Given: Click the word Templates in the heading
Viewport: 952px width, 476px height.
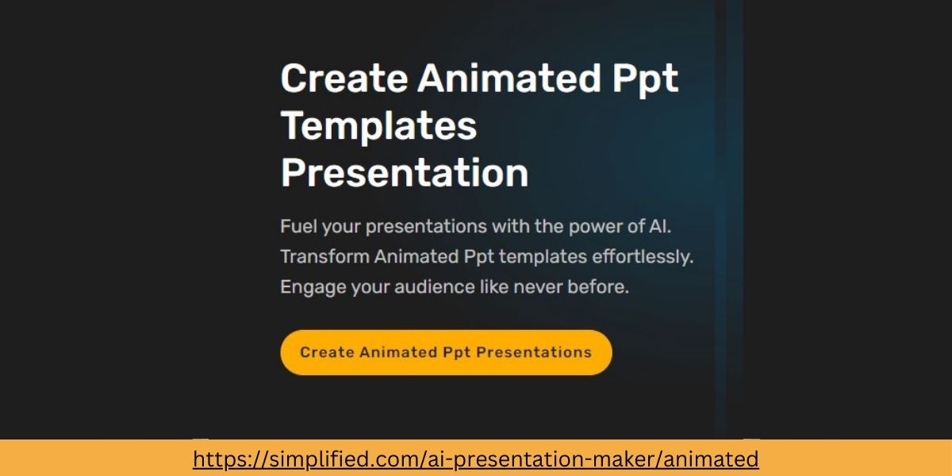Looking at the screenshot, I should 378,127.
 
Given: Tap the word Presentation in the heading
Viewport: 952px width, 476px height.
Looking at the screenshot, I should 405,174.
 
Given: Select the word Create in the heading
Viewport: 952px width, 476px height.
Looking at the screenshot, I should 344,79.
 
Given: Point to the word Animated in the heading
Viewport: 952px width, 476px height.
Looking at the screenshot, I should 509,79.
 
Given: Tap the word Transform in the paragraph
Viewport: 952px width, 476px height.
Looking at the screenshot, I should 324,257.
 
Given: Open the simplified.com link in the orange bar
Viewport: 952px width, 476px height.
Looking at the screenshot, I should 476,459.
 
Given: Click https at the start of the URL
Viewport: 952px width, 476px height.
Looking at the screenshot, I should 217,459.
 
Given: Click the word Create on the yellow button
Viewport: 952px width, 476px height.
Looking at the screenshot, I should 327,352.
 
